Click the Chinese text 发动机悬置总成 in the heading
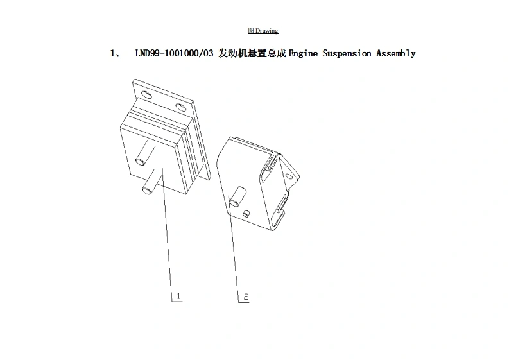pos(252,53)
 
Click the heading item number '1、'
pos(116,53)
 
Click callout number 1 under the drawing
pos(179,296)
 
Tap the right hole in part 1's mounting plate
pos(180,107)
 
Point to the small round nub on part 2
pos(246,212)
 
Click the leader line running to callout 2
pos(234,250)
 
